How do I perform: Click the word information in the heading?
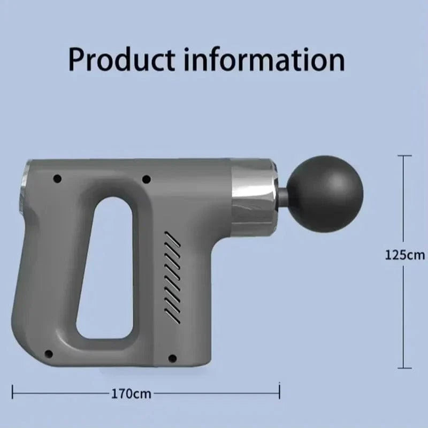[x=264, y=59]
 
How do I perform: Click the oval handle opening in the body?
[x=105, y=267]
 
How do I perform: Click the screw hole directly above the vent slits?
[x=147, y=179]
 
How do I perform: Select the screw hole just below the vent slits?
[x=172, y=358]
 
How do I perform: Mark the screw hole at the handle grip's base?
[x=49, y=354]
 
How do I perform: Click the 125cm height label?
[x=404, y=255]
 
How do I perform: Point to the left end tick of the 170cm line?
[x=13, y=394]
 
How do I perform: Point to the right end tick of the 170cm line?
[x=279, y=394]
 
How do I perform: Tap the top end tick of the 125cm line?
[x=404, y=156]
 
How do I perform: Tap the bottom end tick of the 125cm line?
[x=404, y=368]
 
